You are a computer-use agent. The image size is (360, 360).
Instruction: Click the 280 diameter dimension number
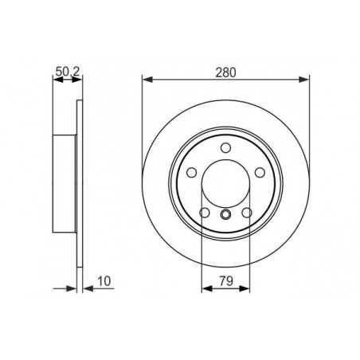225,70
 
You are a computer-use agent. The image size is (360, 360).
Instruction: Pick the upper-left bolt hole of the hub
192,170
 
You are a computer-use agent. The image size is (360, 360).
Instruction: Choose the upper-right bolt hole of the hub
259,170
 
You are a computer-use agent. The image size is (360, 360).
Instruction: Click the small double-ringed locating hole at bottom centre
225,213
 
